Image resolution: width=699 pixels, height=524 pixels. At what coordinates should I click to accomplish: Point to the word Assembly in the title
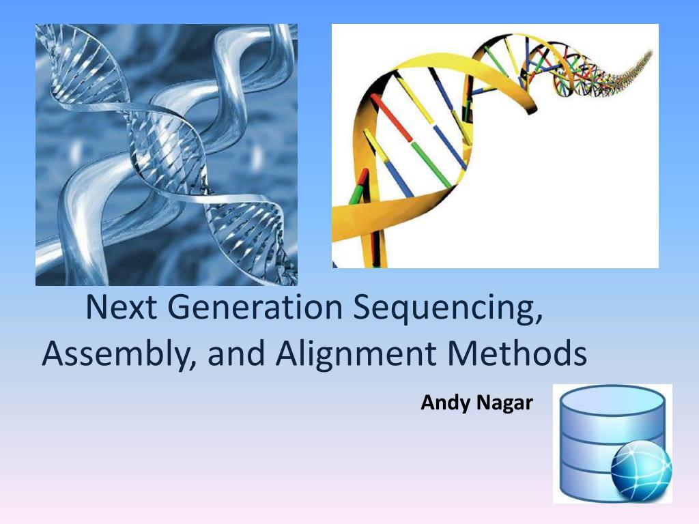pyautogui.click(x=115, y=355)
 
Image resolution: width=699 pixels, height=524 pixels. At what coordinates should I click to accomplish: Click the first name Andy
pyautogui.click(x=443, y=403)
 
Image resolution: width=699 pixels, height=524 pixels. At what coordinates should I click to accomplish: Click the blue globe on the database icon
pyautogui.click(x=640, y=470)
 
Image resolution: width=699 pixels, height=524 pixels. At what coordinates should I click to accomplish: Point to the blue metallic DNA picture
pyautogui.click(x=166, y=155)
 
